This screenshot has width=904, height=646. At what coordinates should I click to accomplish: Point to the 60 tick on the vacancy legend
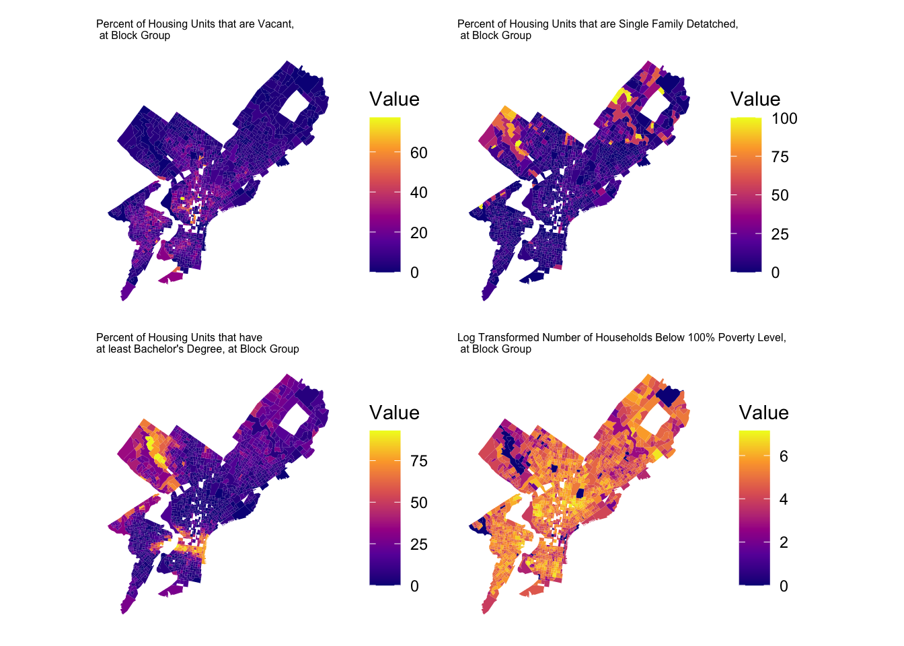(418, 153)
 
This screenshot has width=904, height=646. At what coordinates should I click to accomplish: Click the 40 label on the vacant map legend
(418, 192)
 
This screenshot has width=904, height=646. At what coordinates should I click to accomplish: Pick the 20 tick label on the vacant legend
(418, 233)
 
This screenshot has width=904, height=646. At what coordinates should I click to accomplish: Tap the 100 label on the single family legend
(784, 119)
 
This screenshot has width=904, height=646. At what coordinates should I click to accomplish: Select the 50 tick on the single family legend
(780, 196)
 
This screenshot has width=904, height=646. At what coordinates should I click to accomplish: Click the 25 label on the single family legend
(780, 234)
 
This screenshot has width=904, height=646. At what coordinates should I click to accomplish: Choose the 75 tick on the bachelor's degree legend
(418, 461)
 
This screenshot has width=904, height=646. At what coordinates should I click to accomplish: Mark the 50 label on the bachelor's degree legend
(418, 503)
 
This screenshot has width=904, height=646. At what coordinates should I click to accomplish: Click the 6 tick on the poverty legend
(784, 456)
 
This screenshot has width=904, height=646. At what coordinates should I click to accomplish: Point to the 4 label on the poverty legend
(784, 499)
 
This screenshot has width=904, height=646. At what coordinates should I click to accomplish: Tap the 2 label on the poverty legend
(784, 542)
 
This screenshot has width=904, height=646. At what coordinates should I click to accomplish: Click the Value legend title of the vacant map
(394, 99)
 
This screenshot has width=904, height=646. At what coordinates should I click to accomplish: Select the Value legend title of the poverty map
(763, 412)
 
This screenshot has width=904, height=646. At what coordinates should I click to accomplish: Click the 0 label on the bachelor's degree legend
(414, 586)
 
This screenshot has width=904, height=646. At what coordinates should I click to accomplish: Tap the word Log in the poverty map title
(466, 338)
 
